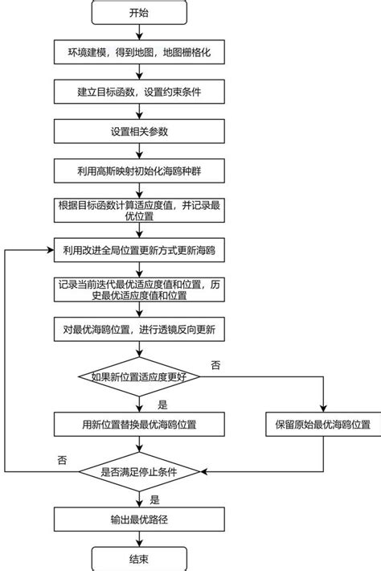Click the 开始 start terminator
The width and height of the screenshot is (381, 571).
coord(140,14)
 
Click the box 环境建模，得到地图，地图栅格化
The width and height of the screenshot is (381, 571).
coord(140,55)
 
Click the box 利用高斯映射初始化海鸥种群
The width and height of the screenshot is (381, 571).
coord(140,170)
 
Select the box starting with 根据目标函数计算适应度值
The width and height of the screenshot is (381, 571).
coord(140,210)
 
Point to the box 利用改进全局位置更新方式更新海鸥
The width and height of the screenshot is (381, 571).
coord(140,250)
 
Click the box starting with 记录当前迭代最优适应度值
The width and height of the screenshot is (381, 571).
coord(140,290)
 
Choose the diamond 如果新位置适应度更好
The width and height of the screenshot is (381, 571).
coord(140,375)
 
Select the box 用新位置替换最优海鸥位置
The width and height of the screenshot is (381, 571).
coord(140,424)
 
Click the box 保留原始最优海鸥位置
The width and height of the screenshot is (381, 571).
coord(323,424)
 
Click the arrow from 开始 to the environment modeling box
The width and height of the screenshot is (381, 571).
coord(140,34)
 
